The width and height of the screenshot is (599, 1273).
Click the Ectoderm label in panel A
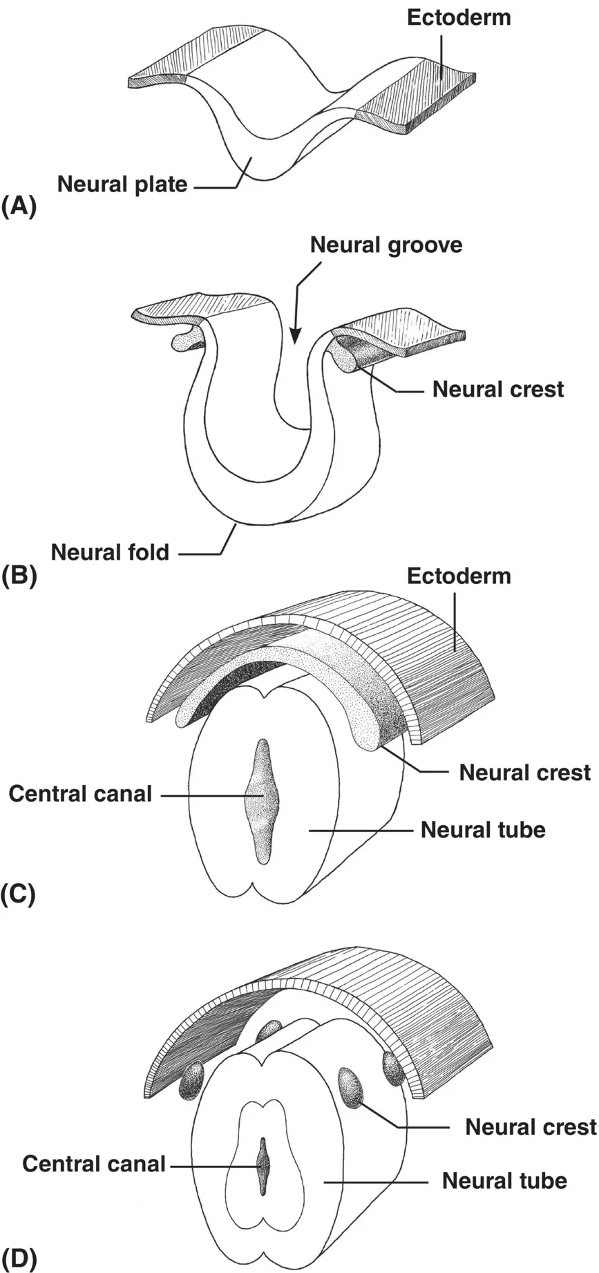[x=459, y=17]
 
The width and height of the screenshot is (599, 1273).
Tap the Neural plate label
[x=122, y=185]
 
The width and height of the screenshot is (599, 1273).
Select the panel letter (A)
[x=19, y=207]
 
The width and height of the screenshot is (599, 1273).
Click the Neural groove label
[x=386, y=245]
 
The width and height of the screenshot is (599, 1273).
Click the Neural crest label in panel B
[x=497, y=389]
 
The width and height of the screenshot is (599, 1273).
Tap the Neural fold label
[x=110, y=552]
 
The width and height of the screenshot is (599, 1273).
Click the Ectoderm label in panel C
[x=459, y=576]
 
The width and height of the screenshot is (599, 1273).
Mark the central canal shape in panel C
[x=262, y=802]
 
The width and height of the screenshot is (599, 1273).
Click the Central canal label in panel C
[x=80, y=793]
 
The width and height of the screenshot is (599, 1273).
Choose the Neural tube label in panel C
[x=483, y=829]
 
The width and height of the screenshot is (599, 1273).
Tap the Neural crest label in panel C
[x=524, y=772]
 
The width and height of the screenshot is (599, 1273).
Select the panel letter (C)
[x=19, y=894]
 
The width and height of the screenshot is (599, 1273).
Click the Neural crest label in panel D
[x=531, y=1126]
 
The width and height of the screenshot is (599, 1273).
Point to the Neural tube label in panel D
[x=504, y=1180]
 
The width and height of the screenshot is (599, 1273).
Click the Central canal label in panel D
[x=94, y=1164]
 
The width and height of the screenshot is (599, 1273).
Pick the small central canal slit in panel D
[x=263, y=1166]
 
